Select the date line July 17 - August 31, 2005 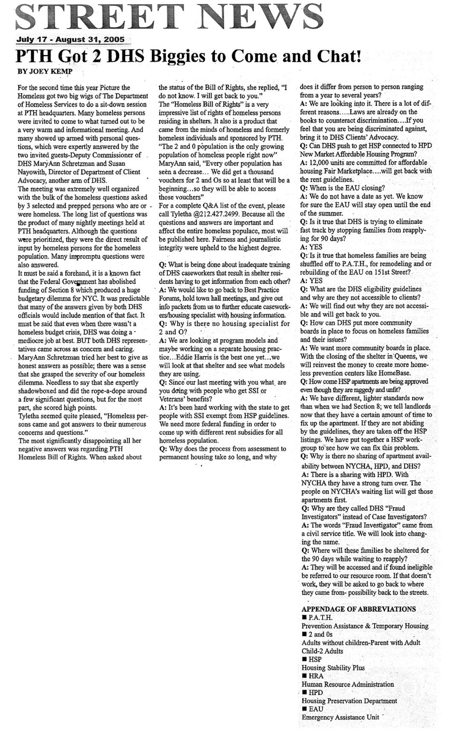point(70,40)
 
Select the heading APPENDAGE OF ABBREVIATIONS point(358,609)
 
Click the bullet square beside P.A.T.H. point(304,618)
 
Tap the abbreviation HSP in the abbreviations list point(315,659)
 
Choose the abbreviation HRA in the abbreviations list point(316,676)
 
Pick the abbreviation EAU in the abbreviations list point(316,709)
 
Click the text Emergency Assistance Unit point(340,717)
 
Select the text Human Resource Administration point(348,684)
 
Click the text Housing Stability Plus point(333,667)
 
